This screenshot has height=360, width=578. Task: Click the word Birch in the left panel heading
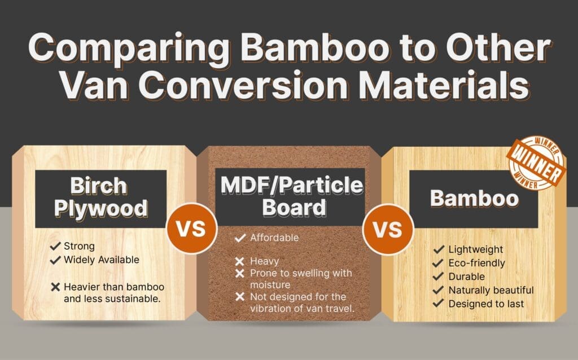coord(101,186)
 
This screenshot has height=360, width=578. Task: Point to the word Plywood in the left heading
coord(101,209)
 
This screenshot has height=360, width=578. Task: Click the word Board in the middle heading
coord(289,207)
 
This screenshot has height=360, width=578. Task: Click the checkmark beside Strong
coord(55,247)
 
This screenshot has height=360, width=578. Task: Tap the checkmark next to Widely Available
coord(55,260)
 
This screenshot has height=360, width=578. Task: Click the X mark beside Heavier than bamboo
coord(55,287)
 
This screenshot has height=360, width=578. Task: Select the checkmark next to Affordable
coord(240,238)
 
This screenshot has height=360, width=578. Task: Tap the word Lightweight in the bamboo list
coord(475,249)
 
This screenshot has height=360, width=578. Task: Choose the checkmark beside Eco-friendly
coord(438,263)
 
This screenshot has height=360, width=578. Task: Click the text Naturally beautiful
coord(491,290)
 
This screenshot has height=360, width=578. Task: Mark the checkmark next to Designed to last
coord(438,304)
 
